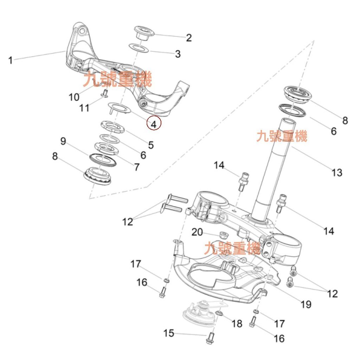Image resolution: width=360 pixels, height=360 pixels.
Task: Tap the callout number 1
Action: pyautogui.click(x=11, y=60)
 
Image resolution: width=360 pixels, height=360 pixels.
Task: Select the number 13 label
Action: pyautogui.click(x=336, y=173)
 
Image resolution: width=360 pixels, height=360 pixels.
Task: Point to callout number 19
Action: pyautogui.click(x=306, y=304)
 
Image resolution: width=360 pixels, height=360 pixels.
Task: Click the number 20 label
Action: pyautogui.click(x=197, y=232)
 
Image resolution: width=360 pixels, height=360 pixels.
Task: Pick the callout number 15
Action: pyautogui.click(x=169, y=333)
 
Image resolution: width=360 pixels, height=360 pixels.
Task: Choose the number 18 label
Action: pyautogui.click(x=237, y=324)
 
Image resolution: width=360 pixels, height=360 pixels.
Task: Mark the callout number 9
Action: pyautogui.click(x=63, y=141)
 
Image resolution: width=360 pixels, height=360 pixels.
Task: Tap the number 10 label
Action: pyautogui.click(x=74, y=97)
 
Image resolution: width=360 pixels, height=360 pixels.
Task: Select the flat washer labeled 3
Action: pyautogui.click(x=139, y=48)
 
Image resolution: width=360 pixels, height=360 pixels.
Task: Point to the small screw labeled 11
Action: pyautogui.click(x=104, y=92)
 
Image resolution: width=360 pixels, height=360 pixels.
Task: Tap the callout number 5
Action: pyautogui.click(x=150, y=145)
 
